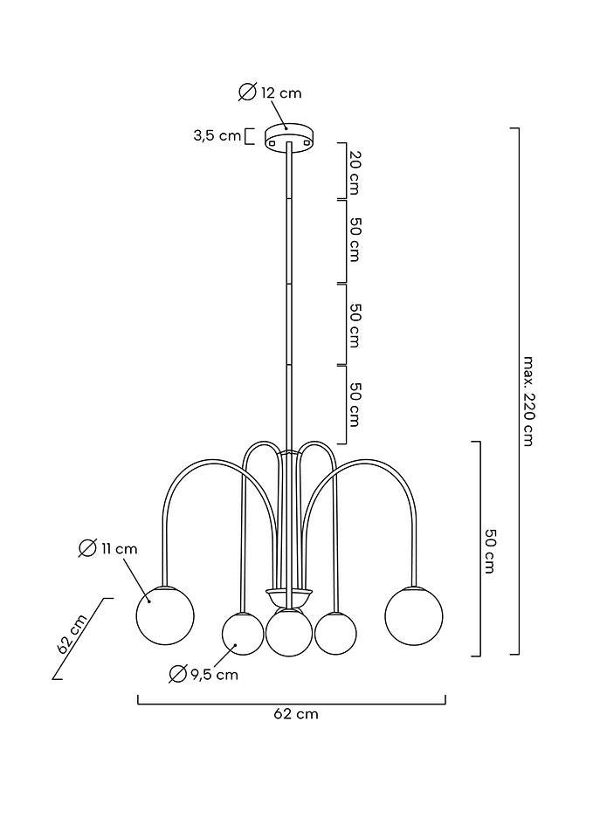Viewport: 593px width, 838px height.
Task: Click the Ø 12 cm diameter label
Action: pos(270,93)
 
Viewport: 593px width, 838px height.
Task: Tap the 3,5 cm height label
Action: pos(217,135)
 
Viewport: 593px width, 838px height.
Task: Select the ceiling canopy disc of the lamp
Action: pos(289,135)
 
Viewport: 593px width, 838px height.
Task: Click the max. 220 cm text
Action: pos(528,400)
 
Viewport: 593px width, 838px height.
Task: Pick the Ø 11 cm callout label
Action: pos(108,548)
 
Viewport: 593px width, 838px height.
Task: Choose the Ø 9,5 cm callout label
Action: pos(203,674)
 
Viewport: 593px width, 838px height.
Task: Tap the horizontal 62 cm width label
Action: pos(296,714)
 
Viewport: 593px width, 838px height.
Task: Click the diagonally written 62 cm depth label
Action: pos(72,634)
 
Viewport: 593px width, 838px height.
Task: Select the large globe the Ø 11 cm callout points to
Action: pos(164,615)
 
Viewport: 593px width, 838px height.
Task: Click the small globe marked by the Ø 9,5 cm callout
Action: pos(243,633)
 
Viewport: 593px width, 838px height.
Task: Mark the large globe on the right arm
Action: pos(414,616)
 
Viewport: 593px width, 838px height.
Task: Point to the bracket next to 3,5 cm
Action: pos(249,136)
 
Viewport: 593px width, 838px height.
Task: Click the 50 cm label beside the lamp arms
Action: pos(490,550)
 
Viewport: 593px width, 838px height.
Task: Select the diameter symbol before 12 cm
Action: pos(247,93)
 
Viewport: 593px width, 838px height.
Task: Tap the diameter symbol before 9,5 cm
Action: pos(178,674)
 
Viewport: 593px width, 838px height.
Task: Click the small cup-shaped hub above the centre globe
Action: pos(289,598)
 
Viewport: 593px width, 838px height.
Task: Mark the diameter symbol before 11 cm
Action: pos(87,548)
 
